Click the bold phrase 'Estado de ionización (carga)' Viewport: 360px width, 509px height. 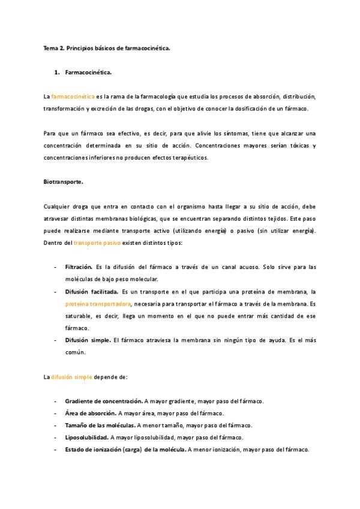[x=102, y=449]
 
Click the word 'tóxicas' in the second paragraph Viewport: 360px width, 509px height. [x=307, y=145]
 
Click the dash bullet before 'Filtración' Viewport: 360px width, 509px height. [x=56, y=267]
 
